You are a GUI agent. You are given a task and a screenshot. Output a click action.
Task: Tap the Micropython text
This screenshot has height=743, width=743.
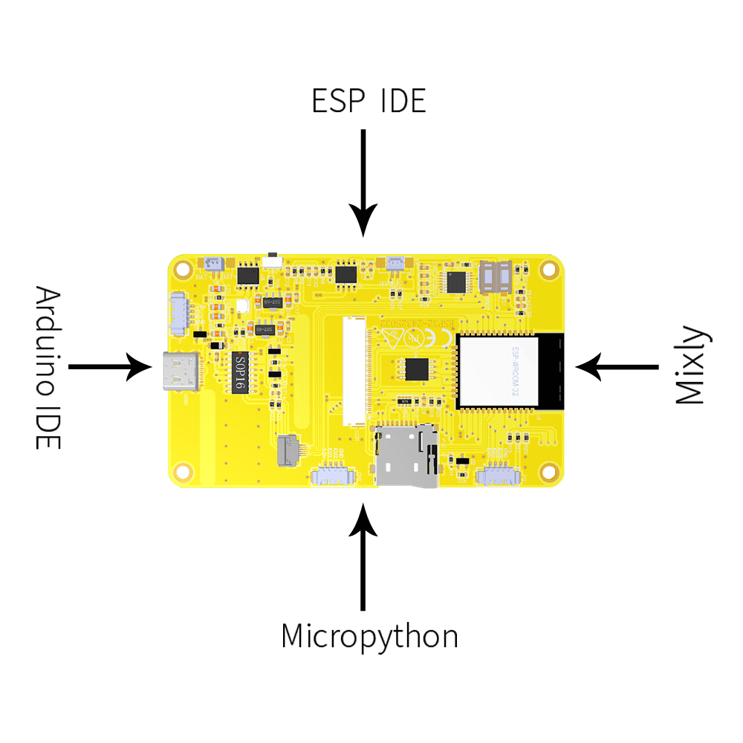click(x=369, y=637)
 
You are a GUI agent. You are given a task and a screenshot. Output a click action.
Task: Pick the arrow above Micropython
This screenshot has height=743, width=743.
click(x=363, y=557)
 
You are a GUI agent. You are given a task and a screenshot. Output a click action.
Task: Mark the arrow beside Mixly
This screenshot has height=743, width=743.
click(x=617, y=366)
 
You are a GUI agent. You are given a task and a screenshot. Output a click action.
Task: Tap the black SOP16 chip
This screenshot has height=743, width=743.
click(x=238, y=371)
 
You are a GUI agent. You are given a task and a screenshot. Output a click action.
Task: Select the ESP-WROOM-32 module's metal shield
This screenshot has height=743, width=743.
click(x=496, y=371)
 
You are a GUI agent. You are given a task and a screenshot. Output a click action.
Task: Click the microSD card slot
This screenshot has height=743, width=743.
click(x=406, y=455)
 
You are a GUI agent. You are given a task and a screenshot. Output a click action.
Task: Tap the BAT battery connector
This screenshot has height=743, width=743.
click(x=212, y=264)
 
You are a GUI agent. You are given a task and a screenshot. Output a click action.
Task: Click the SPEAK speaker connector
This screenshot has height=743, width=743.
click(x=395, y=264)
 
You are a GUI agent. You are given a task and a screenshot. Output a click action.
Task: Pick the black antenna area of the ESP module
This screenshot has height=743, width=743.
click(x=551, y=371)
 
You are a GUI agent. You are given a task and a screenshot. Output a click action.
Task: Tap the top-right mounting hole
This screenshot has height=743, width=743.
click(x=549, y=267)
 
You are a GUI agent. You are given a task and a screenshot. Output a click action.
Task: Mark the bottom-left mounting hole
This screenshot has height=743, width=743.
click(x=182, y=471)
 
